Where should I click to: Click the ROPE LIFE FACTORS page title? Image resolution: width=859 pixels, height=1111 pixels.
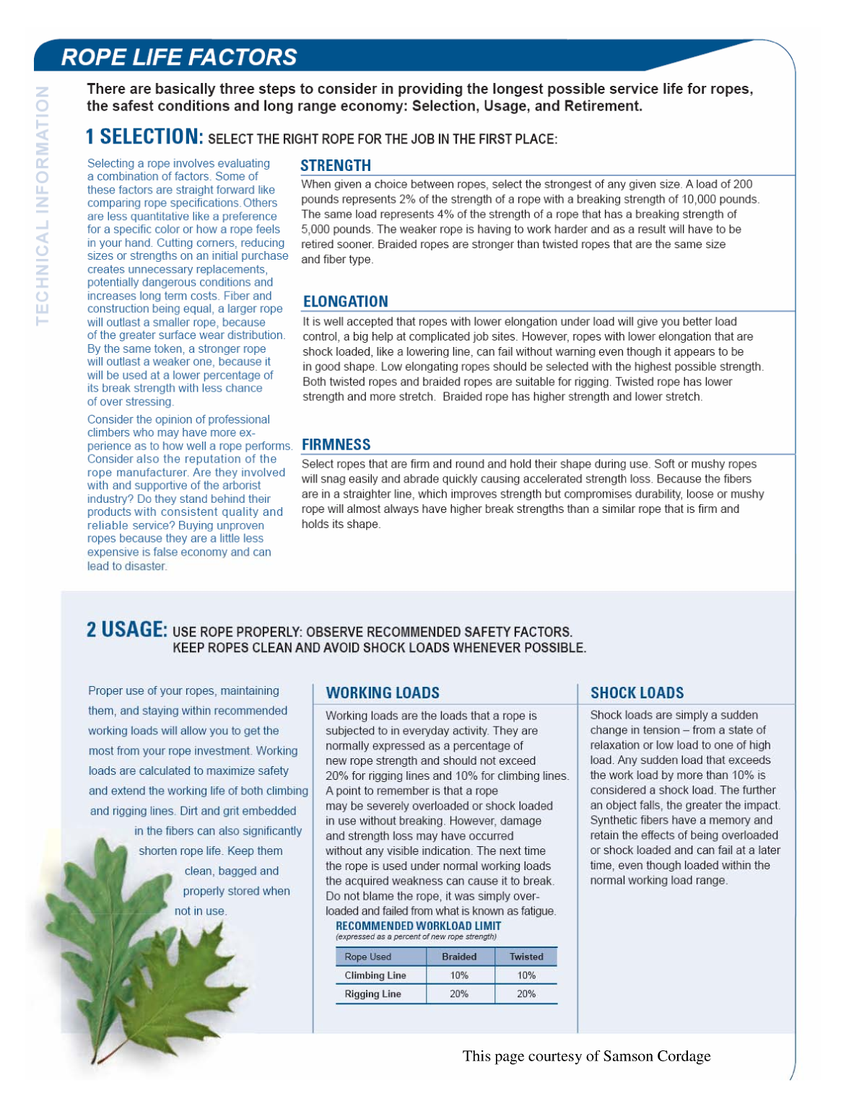coord(179,57)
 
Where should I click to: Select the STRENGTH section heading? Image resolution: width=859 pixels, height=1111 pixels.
coord(336,165)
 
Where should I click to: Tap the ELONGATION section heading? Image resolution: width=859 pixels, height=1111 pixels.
coord(345,302)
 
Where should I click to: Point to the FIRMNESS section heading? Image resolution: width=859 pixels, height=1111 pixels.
coord(336,444)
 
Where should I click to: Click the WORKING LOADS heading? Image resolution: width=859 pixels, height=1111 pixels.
coord(383,693)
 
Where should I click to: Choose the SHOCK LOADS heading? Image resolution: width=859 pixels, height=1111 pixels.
coord(637,693)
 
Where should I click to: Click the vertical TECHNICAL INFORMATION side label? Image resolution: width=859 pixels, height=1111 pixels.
coord(43,206)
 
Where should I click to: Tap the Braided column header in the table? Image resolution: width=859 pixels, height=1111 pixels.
coord(459,957)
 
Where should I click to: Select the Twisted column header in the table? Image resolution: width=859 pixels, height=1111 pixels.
coord(526,957)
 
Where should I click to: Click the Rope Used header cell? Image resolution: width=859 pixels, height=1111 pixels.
coord(367,957)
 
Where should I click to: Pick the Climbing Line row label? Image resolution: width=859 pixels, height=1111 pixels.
coord(375,975)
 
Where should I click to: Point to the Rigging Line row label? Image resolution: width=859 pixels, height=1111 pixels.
coord(372,994)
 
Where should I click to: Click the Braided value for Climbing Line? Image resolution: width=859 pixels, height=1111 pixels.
coord(459,975)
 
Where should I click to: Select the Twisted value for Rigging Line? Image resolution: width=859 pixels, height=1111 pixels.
coord(526,994)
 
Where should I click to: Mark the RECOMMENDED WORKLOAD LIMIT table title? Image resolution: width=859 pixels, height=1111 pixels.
coord(418,926)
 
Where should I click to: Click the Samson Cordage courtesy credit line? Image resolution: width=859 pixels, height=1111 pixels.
coord(586,1056)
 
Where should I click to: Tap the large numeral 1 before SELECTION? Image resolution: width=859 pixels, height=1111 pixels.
coord(90,136)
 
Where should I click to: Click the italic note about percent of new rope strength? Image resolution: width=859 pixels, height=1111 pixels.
coord(416,936)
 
